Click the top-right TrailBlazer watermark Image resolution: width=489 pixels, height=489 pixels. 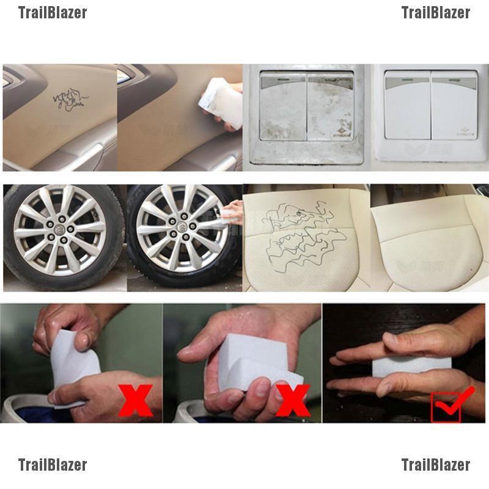click(x=435, y=13)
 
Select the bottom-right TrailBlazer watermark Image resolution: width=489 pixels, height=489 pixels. click(x=435, y=465)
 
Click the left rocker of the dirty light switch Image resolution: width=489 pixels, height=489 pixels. click(x=282, y=110)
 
